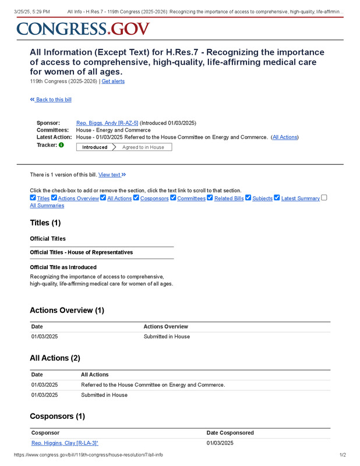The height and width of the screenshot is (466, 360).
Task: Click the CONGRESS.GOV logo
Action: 83,29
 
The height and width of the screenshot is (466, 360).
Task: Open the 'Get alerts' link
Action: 113,82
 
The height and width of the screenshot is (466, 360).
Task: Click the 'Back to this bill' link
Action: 51,100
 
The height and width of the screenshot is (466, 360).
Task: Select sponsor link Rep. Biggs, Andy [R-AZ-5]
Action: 107,123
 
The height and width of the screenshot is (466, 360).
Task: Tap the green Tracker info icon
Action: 61,145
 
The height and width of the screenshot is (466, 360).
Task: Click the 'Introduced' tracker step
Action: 94,147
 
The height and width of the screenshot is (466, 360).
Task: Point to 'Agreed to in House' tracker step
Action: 143,147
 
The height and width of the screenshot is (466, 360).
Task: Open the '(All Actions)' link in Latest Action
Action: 285,137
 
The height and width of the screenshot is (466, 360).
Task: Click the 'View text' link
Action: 112,175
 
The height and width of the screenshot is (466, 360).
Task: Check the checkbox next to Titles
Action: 33,198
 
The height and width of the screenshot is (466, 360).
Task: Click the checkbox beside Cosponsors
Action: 136,198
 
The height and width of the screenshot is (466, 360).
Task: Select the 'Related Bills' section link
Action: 228,199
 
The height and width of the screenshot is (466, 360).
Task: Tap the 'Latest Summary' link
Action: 300,199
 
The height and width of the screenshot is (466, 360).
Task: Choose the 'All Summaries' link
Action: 47,206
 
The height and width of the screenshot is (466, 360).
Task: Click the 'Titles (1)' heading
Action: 45,223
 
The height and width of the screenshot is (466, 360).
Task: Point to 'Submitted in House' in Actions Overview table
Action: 167,337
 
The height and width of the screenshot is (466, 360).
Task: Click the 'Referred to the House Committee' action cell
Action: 153,384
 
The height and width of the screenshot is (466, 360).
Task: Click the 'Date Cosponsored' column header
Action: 230,433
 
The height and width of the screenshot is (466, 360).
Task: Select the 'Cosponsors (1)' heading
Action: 57,416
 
